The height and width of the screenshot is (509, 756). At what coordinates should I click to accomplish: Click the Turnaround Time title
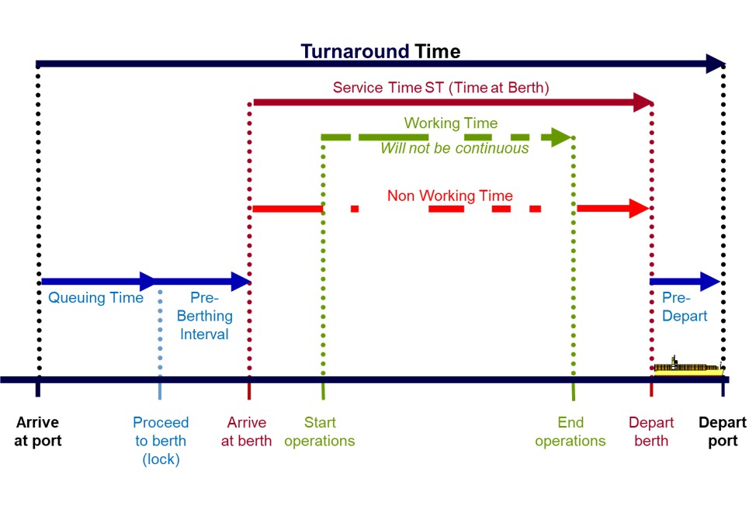point(380,51)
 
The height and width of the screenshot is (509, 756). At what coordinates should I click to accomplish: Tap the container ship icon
point(688,367)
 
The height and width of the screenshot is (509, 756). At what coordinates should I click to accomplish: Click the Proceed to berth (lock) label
point(161,441)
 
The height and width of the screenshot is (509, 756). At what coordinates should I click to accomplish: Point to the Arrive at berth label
point(247,431)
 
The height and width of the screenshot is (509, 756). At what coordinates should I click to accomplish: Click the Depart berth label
point(650,431)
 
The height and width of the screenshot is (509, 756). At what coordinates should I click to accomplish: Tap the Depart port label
point(722,431)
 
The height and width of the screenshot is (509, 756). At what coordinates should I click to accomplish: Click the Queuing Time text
point(95,298)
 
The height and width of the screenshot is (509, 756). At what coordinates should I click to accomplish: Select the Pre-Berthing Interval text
point(205,317)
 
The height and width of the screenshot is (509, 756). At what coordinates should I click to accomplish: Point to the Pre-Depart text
point(684,306)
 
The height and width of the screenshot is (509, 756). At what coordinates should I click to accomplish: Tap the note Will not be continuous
point(454,148)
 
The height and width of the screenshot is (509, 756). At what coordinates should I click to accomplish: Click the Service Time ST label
point(441,88)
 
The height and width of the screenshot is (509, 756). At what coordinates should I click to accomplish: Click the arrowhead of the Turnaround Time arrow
point(715,64)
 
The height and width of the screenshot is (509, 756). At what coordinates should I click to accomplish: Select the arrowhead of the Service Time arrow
point(643,102)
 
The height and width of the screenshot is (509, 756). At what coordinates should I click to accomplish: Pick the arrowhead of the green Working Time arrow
point(560,138)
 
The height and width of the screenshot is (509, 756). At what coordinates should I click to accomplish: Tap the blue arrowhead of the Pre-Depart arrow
point(709,281)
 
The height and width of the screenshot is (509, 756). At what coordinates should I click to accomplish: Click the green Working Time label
point(450,123)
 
